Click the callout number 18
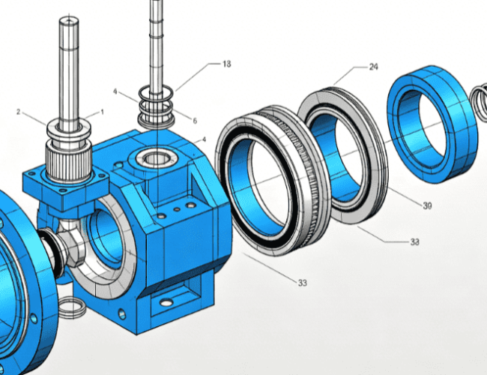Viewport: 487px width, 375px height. click(x=227, y=64)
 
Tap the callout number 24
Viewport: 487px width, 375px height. click(x=374, y=67)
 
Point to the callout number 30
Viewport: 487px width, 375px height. click(x=427, y=205)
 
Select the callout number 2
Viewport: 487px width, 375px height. click(x=18, y=112)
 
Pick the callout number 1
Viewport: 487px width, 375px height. click(x=102, y=112)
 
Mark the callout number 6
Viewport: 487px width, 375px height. click(x=195, y=121)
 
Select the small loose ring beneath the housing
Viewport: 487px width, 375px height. click(x=72, y=307)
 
